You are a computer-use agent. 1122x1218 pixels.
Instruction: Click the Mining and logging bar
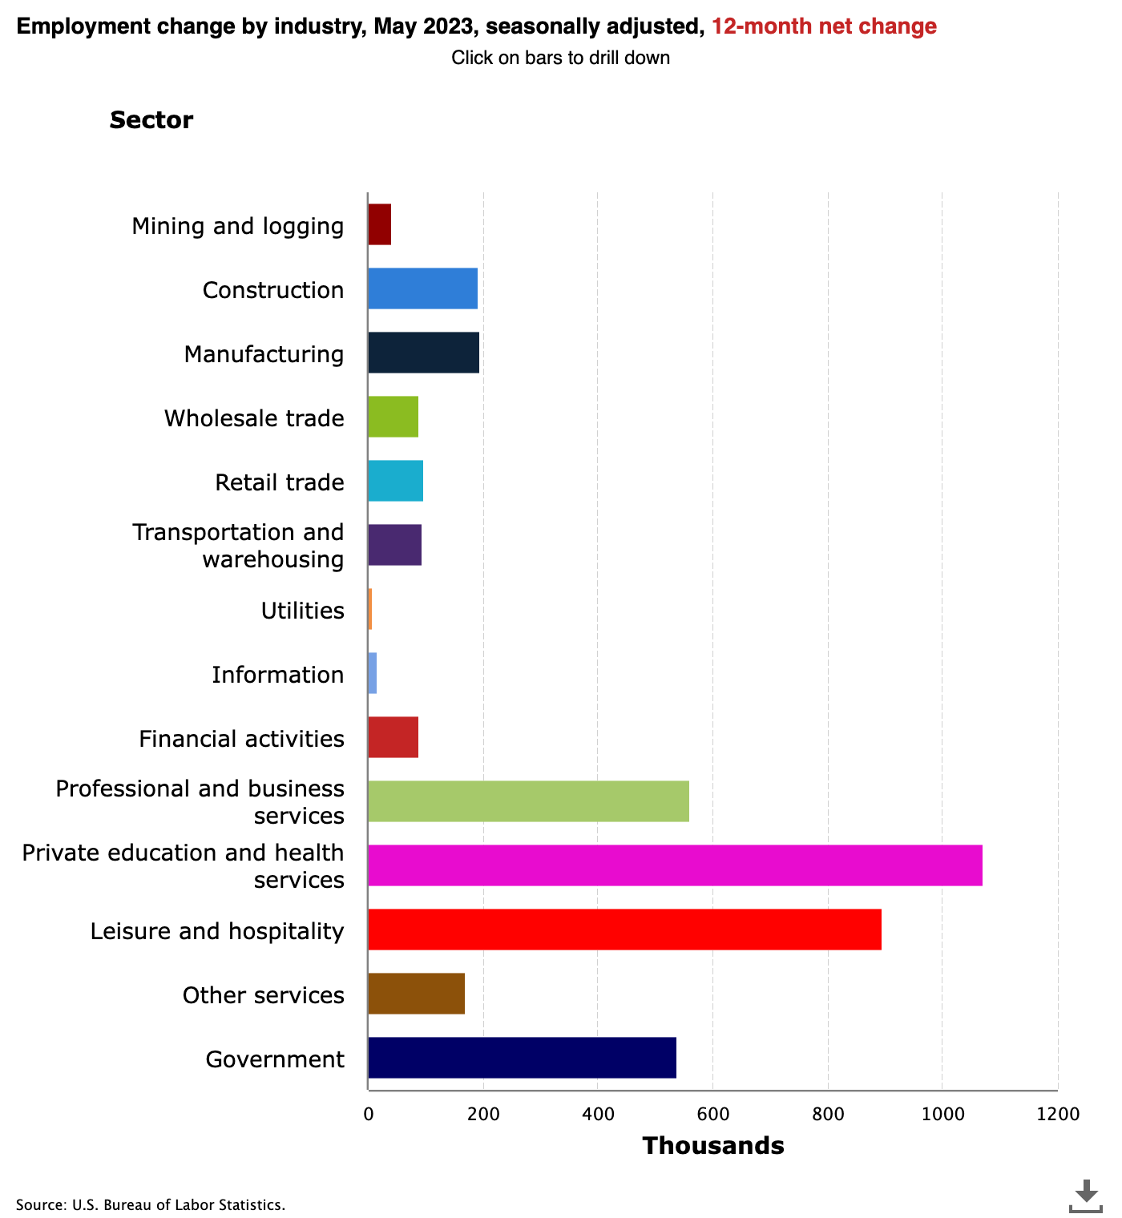point(380,224)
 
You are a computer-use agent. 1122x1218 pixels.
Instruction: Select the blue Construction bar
point(422,288)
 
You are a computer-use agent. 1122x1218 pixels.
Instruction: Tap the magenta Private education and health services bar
point(675,865)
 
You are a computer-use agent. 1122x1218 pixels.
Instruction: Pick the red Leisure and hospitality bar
point(624,930)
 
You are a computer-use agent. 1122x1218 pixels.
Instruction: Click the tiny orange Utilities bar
point(370,609)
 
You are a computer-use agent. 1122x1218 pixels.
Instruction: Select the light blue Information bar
point(373,673)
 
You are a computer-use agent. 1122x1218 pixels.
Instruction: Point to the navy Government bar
point(522,1058)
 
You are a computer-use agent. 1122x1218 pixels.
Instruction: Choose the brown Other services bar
point(416,994)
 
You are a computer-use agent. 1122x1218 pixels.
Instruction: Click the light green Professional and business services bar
point(528,801)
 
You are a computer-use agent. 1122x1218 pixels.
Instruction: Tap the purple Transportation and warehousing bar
point(394,545)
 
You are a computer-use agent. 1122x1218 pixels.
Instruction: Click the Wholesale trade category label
point(254,418)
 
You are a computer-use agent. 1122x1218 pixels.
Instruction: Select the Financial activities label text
point(241,739)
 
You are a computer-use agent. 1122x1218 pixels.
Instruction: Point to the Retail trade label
point(279,482)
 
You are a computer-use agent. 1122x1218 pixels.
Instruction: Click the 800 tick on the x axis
point(827,1115)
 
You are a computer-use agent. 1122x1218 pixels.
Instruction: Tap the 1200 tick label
point(1057,1115)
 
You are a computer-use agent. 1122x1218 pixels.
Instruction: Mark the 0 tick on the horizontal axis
point(368,1115)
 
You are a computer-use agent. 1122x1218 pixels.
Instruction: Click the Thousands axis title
point(712,1146)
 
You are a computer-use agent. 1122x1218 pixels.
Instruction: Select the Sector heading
point(151,120)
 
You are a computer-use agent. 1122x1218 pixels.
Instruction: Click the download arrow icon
point(1086,1195)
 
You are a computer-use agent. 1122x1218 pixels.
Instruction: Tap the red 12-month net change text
point(824,26)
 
